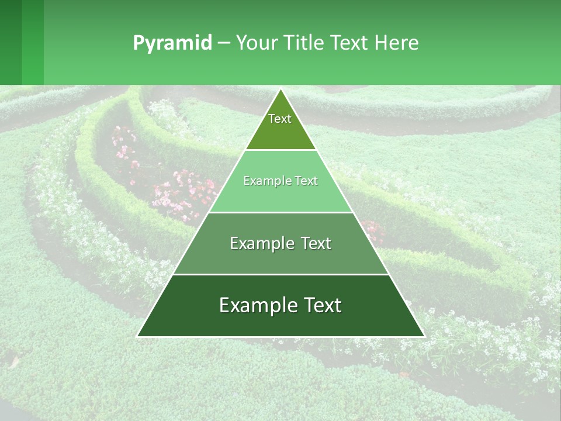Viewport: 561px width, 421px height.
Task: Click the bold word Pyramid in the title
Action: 172,43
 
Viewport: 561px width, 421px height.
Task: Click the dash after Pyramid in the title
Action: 223,43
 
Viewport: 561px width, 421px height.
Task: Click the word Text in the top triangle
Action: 280,119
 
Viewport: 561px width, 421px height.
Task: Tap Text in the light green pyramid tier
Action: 307,181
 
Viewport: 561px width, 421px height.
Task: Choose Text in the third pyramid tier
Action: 316,243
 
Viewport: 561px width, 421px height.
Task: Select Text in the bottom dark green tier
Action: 321,305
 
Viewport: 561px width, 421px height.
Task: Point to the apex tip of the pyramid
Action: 280,89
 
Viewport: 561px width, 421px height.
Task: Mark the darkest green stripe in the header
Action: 11,42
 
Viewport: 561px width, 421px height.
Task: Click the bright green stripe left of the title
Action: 33,42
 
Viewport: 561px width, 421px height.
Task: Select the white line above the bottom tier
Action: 280,274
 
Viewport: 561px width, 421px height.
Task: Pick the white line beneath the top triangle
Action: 280,150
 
